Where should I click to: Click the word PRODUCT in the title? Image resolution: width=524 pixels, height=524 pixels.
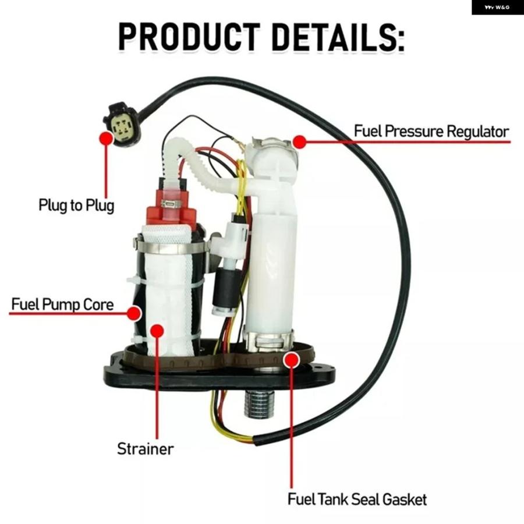189,37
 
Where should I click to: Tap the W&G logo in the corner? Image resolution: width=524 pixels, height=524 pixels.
497,8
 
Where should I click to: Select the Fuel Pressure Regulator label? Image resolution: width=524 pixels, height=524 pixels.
431,131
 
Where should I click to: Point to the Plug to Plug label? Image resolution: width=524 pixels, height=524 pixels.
76,205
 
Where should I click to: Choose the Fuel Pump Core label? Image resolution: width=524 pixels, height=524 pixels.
62,305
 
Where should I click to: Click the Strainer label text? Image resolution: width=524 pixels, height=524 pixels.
146,449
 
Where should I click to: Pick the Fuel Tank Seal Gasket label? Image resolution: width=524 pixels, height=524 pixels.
357,500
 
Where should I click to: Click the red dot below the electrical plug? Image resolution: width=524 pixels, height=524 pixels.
107,138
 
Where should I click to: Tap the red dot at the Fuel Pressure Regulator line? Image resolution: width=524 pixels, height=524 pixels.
299,141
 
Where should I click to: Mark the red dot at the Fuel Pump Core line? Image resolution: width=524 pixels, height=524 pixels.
134,313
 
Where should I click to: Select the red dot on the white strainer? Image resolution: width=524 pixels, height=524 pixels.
157,331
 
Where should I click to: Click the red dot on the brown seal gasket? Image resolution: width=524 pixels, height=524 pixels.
292,360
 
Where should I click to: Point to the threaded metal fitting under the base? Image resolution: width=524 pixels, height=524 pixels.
259,403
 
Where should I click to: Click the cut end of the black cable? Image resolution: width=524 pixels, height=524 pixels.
258,440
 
